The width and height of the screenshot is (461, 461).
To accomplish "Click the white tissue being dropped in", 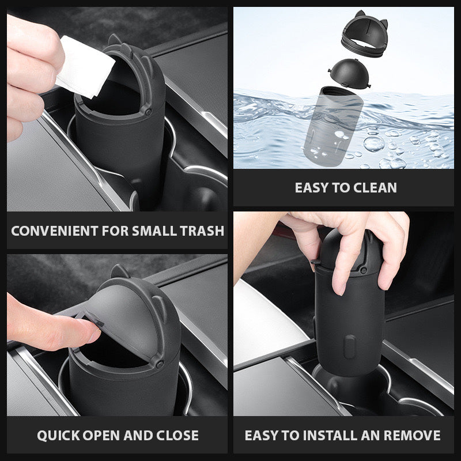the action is point(85,66).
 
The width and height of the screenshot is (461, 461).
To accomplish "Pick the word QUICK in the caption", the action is point(59,436).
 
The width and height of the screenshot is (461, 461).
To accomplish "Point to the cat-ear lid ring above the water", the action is point(365,34).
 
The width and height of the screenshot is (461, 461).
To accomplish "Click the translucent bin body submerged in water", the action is point(334,126).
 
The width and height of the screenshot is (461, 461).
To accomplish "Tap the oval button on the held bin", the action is point(350,347).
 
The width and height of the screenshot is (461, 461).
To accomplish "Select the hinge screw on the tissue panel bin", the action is point(148,112).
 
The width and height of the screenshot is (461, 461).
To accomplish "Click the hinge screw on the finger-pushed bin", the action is point(160,364).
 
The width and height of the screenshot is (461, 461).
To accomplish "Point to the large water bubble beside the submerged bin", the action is point(374,143).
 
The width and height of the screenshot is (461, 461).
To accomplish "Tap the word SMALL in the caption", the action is point(154,231).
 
